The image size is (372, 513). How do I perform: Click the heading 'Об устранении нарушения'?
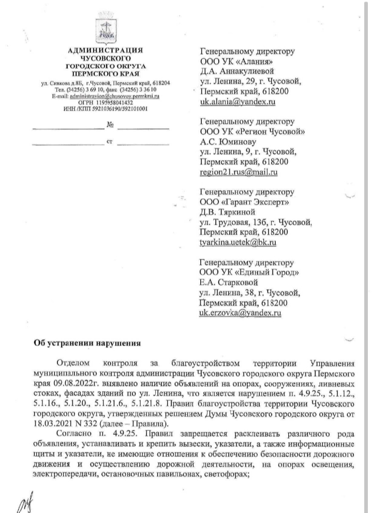tap(87, 343)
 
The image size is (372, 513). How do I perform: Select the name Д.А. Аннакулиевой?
tap(236, 71)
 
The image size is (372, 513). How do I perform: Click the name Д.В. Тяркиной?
tap(228, 211)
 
